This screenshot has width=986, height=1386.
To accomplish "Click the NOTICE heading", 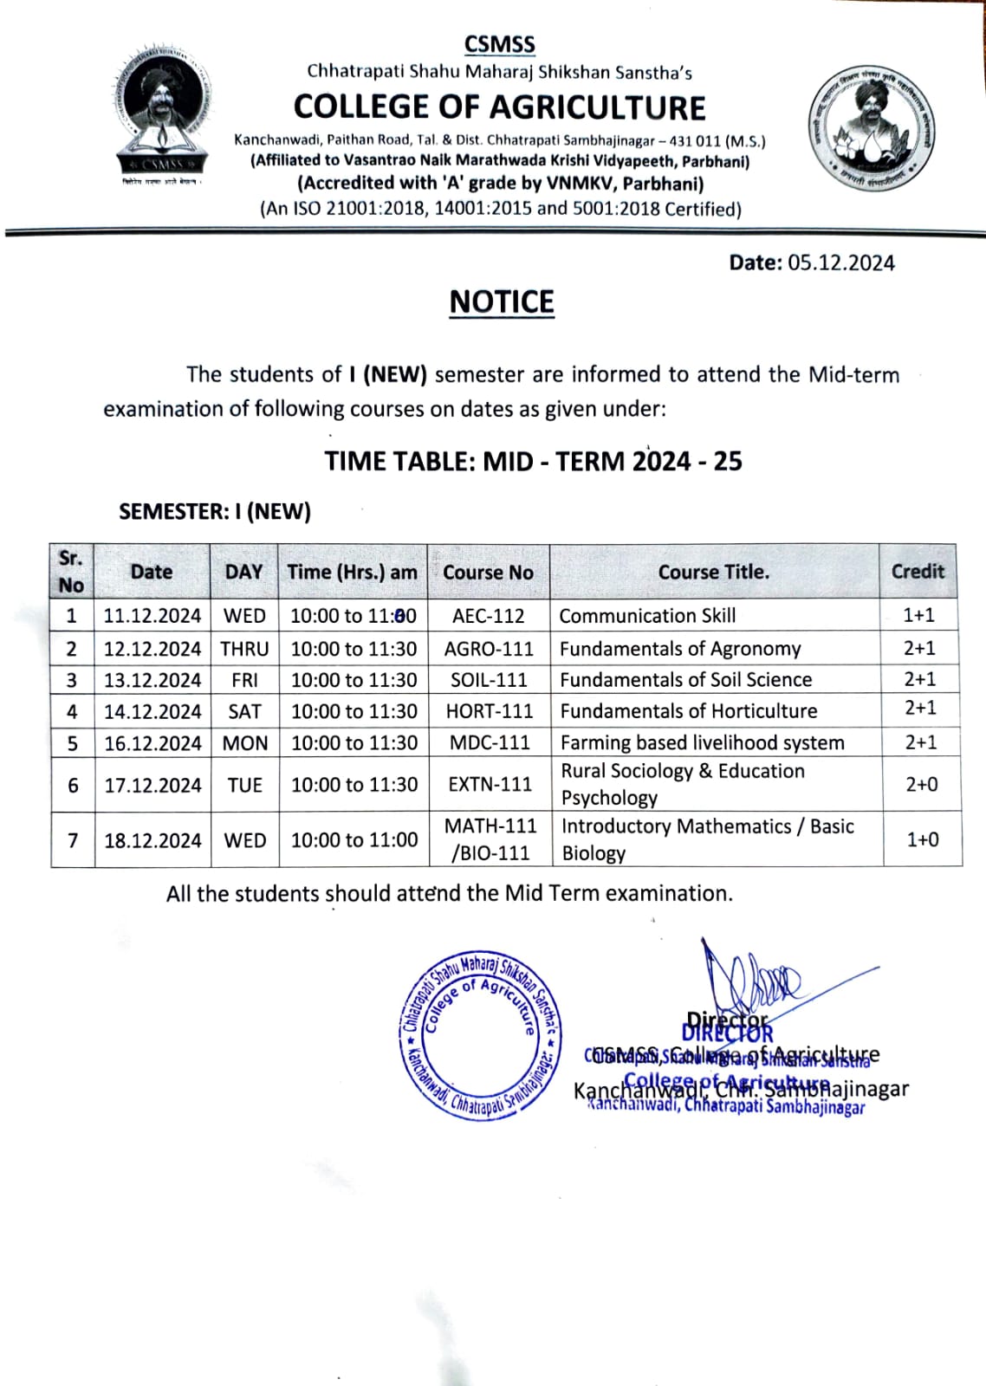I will (502, 302).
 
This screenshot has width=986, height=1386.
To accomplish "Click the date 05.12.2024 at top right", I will (840, 263).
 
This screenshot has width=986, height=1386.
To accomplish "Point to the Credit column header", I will (918, 572).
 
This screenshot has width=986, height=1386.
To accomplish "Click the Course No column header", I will (488, 573).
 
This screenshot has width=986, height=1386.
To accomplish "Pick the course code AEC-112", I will (489, 616).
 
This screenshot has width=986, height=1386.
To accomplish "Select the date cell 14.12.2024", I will (152, 712).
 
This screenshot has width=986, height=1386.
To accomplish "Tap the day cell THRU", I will (244, 649).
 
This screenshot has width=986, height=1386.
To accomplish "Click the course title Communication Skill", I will (647, 616).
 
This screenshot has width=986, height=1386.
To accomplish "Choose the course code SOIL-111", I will (489, 680).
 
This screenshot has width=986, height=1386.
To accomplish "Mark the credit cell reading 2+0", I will (921, 785).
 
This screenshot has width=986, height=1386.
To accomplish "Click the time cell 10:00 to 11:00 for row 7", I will (354, 840).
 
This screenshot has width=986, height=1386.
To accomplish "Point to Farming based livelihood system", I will (702, 742).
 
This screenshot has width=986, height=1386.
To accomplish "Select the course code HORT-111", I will (490, 711).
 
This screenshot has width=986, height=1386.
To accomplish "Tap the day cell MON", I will (244, 743).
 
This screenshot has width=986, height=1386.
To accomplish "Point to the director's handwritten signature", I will (749, 979).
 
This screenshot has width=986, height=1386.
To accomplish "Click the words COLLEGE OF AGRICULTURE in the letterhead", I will (499, 107).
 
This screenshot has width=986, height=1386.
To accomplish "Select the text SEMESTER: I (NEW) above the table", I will (215, 512).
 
